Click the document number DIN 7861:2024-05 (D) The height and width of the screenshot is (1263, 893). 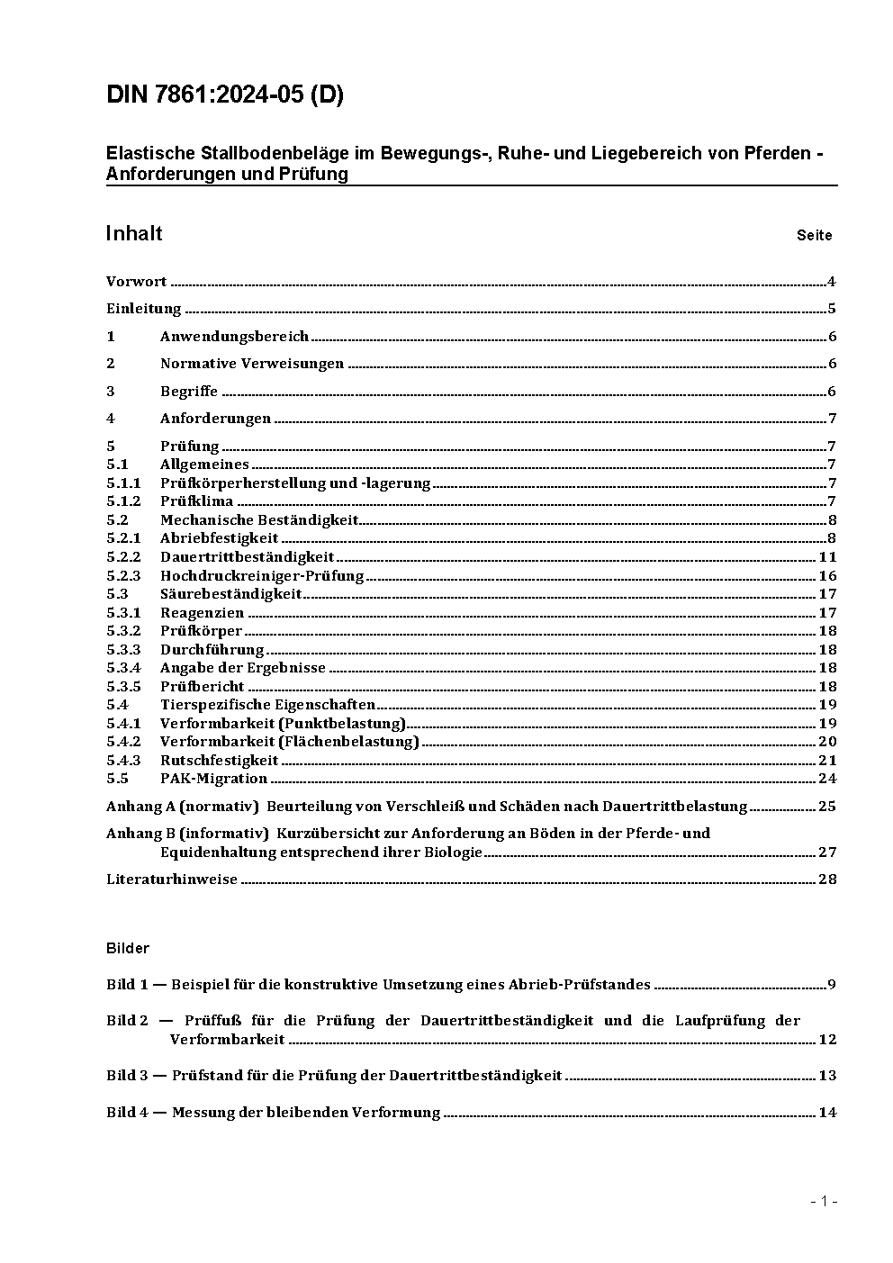tap(224, 95)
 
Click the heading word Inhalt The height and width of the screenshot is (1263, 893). tap(133, 234)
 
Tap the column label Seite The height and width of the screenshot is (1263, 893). tap(814, 236)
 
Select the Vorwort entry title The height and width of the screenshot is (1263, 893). tap(136, 282)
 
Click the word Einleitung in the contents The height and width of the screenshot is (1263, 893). tap(144, 309)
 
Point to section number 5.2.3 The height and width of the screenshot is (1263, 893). tap(123, 576)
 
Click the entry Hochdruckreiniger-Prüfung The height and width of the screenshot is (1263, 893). tap(262, 576)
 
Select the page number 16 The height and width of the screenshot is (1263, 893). tap(827, 576)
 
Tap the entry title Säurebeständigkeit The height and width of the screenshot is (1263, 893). tap(230, 594)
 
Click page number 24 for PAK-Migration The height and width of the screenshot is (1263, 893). tap(827, 779)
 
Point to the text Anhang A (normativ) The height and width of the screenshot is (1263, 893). tap(183, 807)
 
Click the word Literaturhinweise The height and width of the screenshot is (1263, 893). tap(172, 880)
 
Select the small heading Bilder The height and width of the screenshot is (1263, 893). tap(127, 948)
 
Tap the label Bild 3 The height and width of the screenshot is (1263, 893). tap(127, 1076)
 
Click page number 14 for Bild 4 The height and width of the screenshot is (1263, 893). tap(827, 1113)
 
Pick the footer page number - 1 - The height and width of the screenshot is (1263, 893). tap(824, 1201)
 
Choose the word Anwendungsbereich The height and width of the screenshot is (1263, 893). tap(234, 337)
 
